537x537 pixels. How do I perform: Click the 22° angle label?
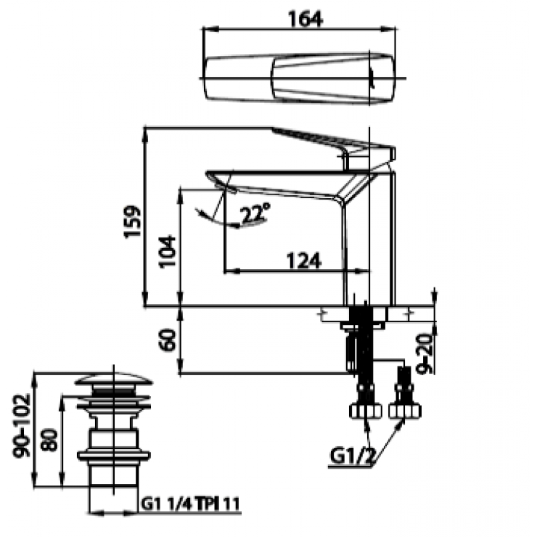pyautogui.click(x=255, y=213)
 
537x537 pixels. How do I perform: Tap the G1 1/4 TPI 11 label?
pyautogui.click(x=189, y=503)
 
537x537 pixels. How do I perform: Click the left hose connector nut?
pyautogui.click(x=364, y=410)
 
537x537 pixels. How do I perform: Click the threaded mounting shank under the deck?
pyautogui.click(x=359, y=337)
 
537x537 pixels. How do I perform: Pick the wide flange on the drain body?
pyautogui.click(x=114, y=455)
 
